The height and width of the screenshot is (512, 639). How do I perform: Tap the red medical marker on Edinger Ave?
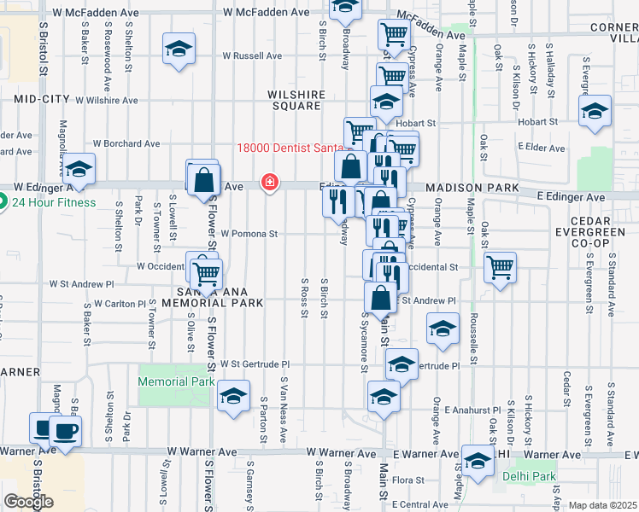(269, 182)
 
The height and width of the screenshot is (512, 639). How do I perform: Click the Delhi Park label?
(529, 475)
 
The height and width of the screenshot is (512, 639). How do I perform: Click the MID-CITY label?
(41, 99)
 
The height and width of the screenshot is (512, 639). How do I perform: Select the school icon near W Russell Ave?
(179, 48)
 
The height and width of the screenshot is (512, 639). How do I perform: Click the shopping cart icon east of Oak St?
(501, 266)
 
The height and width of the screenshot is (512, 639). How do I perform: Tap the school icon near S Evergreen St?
(595, 111)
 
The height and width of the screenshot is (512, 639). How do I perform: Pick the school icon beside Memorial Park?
(232, 396)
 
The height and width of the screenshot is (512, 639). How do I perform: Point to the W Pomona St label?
(249, 233)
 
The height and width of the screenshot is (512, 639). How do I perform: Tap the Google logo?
(28, 502)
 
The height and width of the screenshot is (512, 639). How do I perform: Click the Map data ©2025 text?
(603, 505)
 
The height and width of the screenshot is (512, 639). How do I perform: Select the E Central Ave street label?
(424, 505)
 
